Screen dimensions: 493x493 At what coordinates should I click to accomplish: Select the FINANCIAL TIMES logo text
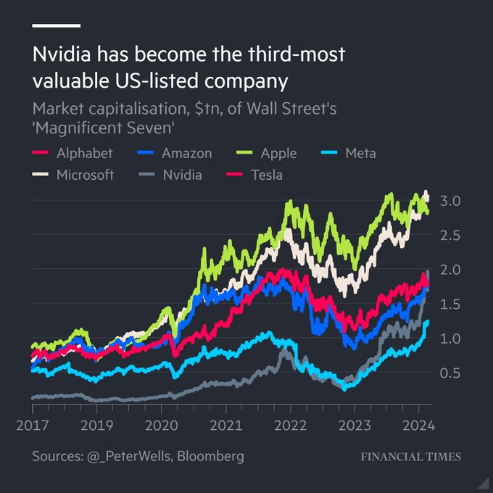pos(410,457)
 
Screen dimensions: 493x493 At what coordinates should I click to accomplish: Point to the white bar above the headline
pos(56,26)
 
